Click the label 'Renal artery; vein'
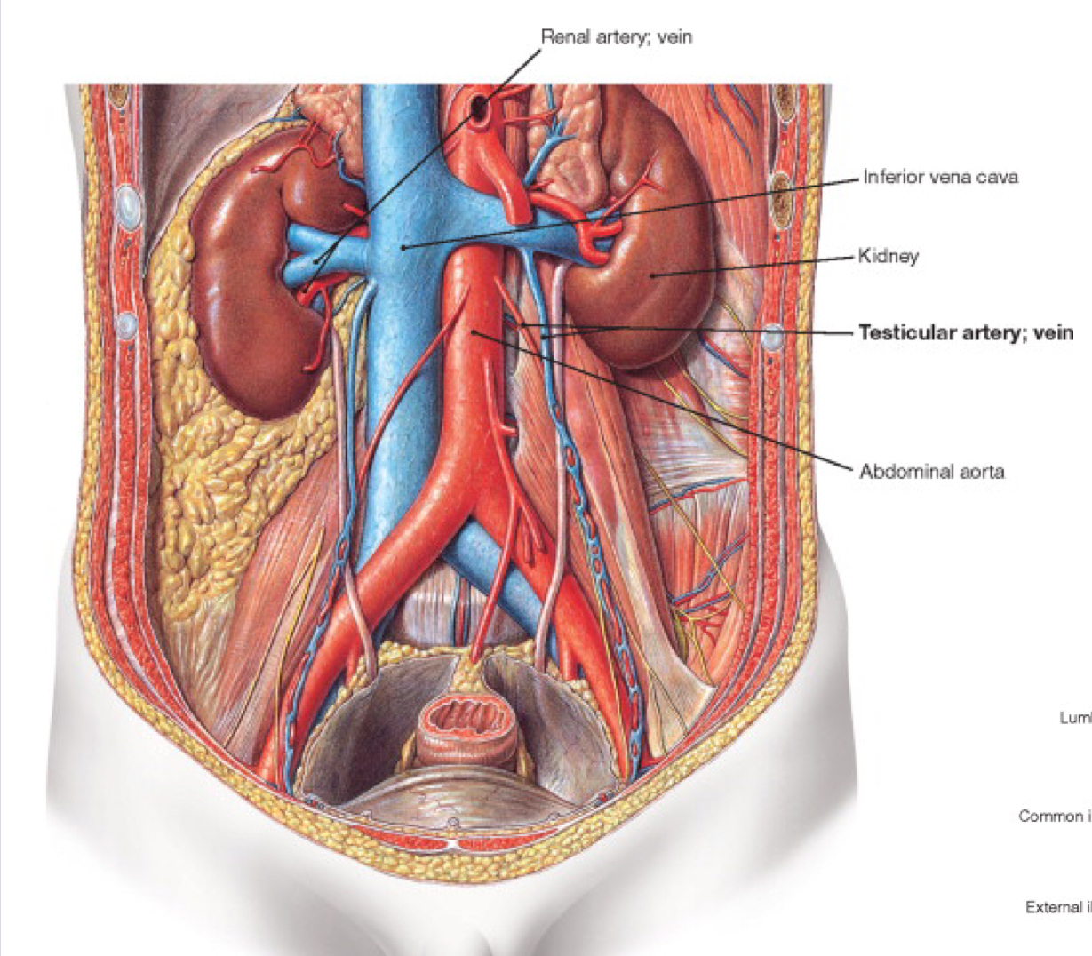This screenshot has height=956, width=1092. click(x=616, y=37)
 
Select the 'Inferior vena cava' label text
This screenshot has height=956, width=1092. click(x=940, y=177)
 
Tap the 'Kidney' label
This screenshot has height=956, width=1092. click(x=889, y=256)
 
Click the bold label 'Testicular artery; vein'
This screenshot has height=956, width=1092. click(x=966, y=333)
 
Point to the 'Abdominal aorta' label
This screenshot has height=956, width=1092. click(x=931, y=471)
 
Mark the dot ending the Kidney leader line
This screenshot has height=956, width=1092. click(x=653, y=275)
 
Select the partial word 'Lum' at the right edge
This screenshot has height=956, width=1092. click(x=1075, y=717)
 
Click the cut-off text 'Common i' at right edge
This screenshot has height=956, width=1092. click(x=1053, y=816)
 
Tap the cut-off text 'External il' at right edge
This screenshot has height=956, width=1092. click(x=1056, y=907)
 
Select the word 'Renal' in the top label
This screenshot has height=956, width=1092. click(x=562, y=37)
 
